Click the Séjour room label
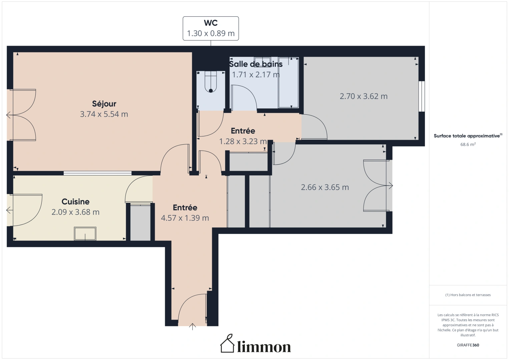[104, 104]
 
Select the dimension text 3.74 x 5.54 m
[104, 114]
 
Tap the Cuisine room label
[75, 202]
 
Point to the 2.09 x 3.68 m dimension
[75, 212]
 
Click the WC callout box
[210, 28]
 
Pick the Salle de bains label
[256, 64]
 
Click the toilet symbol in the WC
[211, 83]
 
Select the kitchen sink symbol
[85, 234]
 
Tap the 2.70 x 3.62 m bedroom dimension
[364, 96]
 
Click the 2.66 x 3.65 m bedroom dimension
[325, 187]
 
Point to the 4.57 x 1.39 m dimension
[185, 218]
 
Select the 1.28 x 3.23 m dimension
[243, 141]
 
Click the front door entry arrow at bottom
[192, 326]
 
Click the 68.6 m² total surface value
[468, 144]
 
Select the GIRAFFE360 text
[468, 345]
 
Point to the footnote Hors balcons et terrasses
[468, 295]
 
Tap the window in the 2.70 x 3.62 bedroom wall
[422, 96]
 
